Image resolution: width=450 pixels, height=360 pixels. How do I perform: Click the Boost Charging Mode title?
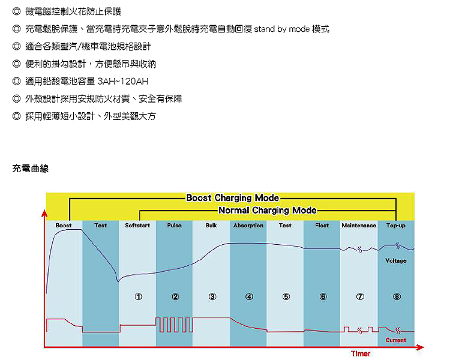(x=232, y=198)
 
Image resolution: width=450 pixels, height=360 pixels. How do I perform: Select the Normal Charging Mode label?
(x=267, y=211)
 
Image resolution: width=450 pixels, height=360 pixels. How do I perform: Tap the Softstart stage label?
(x=137, y=226)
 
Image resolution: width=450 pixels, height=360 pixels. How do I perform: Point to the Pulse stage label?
(x=175, y=226)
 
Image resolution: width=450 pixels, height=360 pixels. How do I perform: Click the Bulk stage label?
(x=211, y=226)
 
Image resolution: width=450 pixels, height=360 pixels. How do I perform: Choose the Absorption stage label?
(x=248, y=226)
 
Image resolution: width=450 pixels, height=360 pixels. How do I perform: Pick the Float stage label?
(x=322, y=226)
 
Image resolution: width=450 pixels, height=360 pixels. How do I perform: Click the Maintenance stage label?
(x=359, y=226)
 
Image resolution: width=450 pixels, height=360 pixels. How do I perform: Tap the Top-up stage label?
(x=396, y=226)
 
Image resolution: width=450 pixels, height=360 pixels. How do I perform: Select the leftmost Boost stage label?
(x=64, y=226)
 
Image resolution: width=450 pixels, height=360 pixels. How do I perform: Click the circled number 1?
(x=138, y=296)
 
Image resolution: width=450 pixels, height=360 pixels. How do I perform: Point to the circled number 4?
(x=249, y=296)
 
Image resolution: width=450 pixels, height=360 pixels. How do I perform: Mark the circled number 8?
(x=397, y=296)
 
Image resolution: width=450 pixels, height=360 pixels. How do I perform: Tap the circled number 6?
(x=323, y=296)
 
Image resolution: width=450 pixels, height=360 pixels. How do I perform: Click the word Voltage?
(x=396, y=261)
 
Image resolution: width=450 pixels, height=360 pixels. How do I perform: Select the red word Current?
(x=396, y=340)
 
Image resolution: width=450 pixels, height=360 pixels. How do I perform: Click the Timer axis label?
(x=361, y=354)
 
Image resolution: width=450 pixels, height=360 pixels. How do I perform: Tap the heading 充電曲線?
(x=30, y=169)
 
